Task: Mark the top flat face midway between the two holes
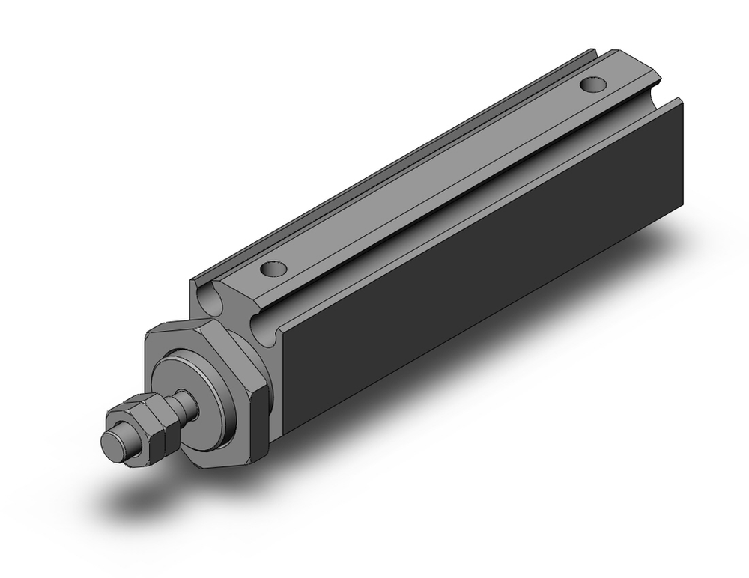tap(434, 176)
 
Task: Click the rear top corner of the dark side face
tap(680, 100)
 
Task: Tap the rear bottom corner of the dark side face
tap(682, 204)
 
